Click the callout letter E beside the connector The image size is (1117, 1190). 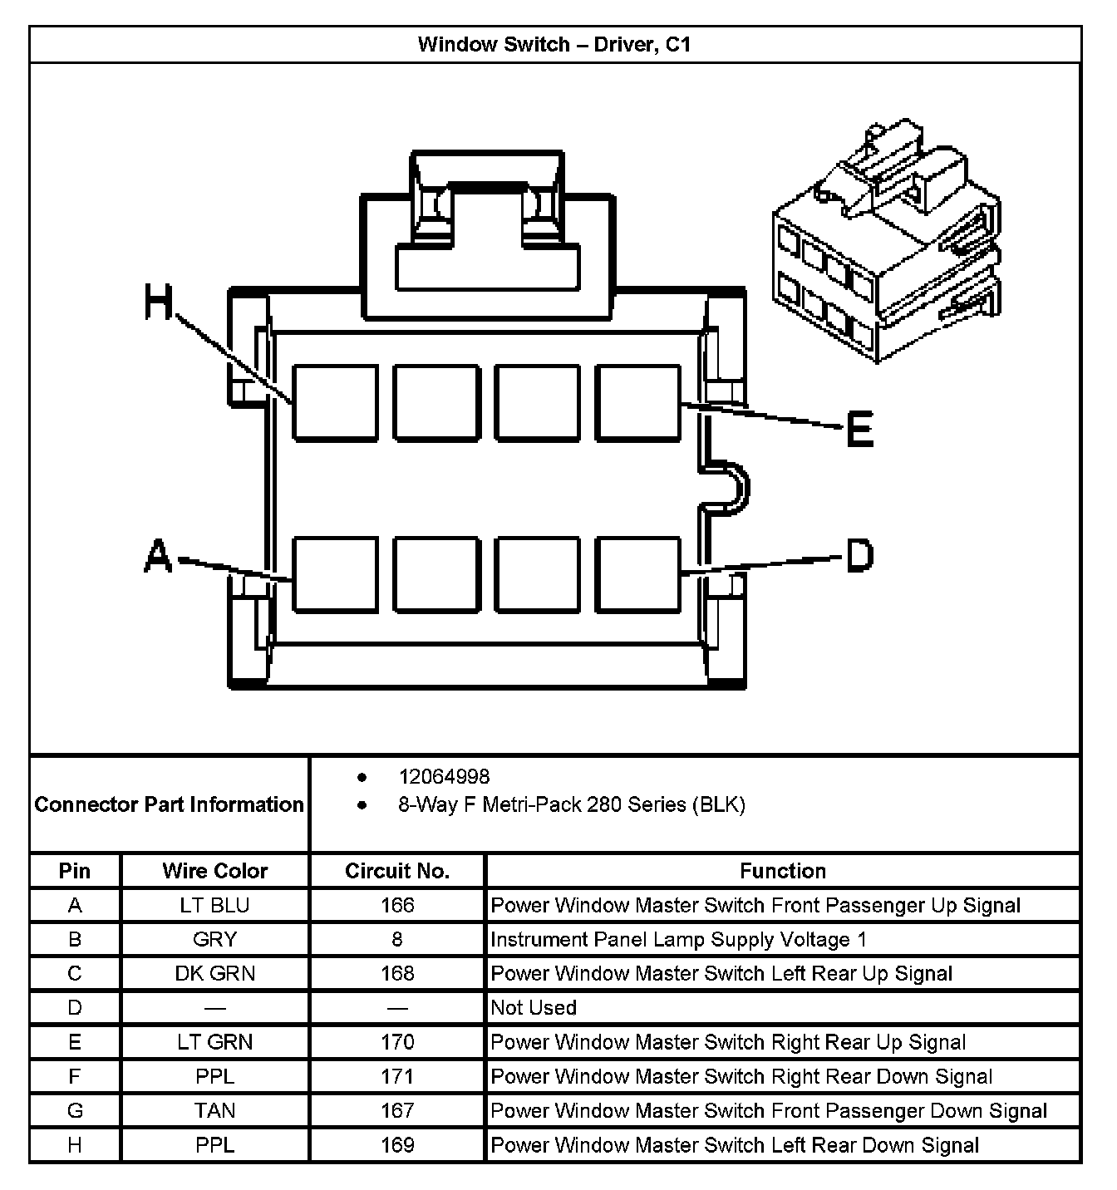point(859,430)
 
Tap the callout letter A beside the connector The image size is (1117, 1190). point(158,556)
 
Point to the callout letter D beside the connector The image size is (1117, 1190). point(859,556)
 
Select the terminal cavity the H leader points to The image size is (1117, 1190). point(335,402)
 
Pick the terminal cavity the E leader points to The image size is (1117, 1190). point(637,402)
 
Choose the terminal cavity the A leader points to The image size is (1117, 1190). point(335,574)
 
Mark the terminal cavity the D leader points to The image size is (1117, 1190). point(637,574)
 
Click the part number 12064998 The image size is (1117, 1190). point(444,776)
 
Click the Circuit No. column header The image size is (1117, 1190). point(397,871)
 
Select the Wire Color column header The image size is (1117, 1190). point(214,871)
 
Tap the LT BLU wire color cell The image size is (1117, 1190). point(214,905)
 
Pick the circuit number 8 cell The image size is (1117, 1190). point(397,939)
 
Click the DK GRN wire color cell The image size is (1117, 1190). point(214,973)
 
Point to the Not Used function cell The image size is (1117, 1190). point(534,1007)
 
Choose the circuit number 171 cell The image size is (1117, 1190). point(397,1076)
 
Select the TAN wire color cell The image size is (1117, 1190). point(214,1110)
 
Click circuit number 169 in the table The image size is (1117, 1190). point(397,1144)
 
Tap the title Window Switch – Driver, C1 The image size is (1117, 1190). point(554,44)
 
